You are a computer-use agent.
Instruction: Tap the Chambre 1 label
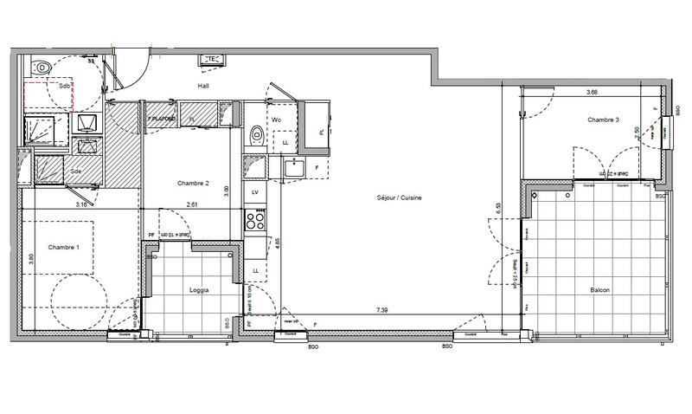click(x=64, y=248)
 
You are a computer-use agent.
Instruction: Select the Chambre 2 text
click(x=194, y=183)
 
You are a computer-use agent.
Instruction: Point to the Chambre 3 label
click(x=603, y=120)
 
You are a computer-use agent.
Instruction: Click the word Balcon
click(x=600, y=290)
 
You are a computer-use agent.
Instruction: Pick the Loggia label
click(x=200, y=290)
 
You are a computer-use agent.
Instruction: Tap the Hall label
click(x=203, y=86)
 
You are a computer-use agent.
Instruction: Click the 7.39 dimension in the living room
click(x=381, y=310)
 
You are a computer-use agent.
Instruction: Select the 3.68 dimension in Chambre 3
click(x=592, y=92)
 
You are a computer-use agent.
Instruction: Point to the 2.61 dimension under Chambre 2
click(x=192, y=205)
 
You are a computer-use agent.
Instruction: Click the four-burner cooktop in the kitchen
click(x=256, y=220)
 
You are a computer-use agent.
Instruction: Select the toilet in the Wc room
click(x=256, y=135)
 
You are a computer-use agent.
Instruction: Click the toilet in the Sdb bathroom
click(x=42, y=68)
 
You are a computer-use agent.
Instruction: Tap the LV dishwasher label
click(x=255, y=191)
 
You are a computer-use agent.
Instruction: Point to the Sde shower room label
click(x=76, y=171)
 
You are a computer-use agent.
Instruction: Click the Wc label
click(x=277, y=120)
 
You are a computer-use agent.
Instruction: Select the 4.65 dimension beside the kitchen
click(x=278, y=244)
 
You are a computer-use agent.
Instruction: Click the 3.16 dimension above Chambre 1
click(x=81, y=205)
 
